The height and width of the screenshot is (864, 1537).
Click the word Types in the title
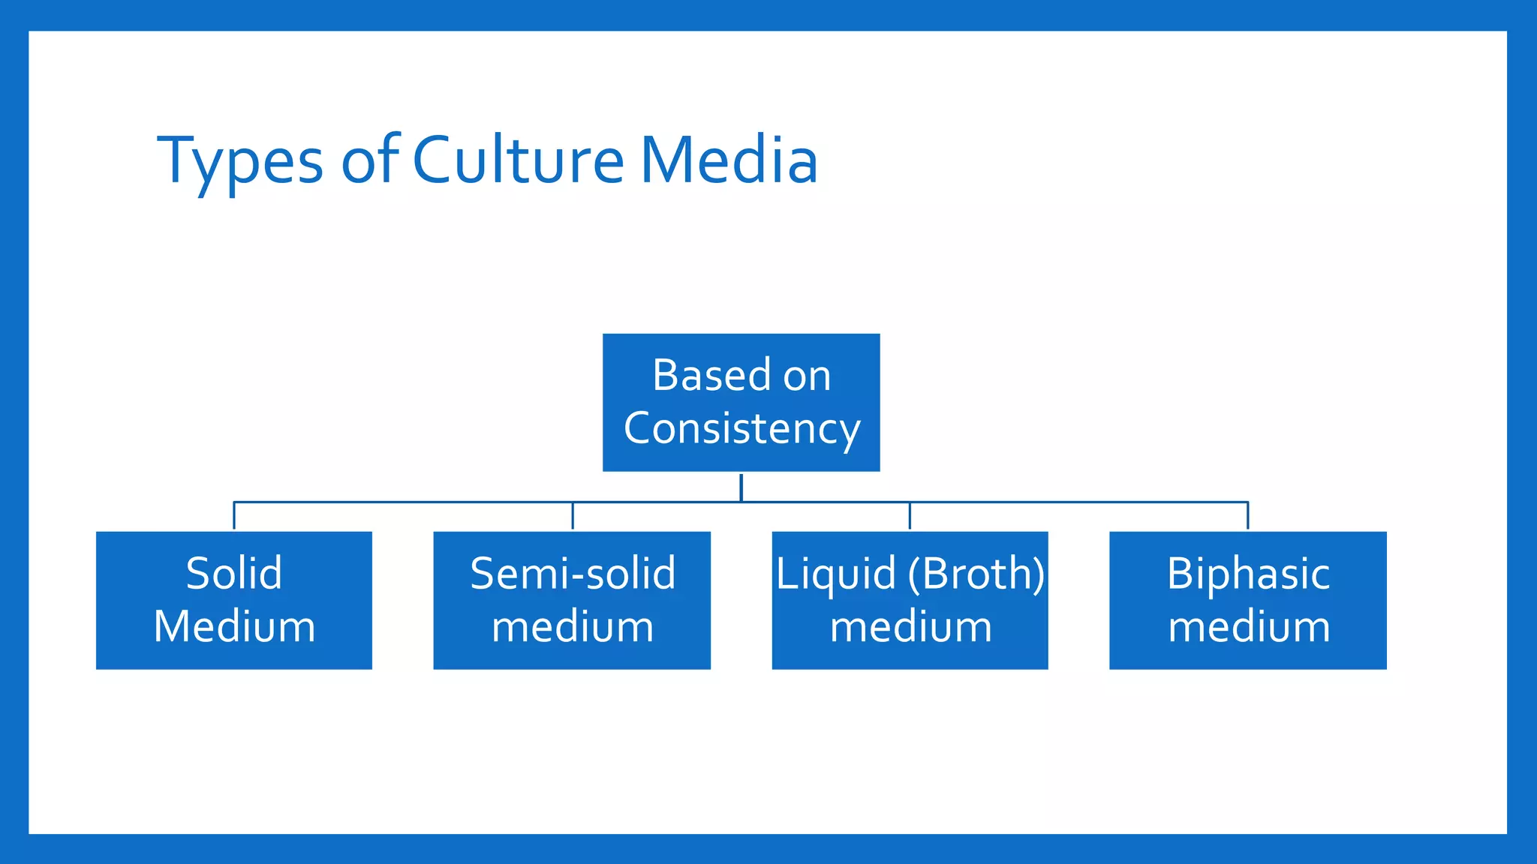(240, 161)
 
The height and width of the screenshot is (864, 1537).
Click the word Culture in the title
(518, 160)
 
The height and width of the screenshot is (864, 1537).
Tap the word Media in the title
(728, 160)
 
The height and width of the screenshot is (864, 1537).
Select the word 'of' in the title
(370, 160)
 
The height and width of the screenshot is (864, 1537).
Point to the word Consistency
(741, 429)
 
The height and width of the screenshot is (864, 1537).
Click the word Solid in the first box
(234, 574)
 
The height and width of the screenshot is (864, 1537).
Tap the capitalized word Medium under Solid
(234, 627)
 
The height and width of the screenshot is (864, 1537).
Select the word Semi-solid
(573, 574)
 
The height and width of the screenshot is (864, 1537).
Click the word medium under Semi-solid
(573, 627)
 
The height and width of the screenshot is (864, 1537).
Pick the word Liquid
(835, 574)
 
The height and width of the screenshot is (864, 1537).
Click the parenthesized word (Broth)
(976, 574)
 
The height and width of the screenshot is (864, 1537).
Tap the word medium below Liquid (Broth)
(910, 627)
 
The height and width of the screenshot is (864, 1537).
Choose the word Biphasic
(1248, 574)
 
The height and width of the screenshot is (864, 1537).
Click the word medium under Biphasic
(1249, 627)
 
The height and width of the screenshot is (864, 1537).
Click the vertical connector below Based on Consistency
(741, 487)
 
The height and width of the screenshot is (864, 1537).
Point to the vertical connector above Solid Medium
(234, 516)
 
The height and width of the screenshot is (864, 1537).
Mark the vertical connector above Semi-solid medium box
(573, 516)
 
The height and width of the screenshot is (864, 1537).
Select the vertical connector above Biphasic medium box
(1247, 516)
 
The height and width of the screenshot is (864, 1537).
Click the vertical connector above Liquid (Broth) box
(910, 516)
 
